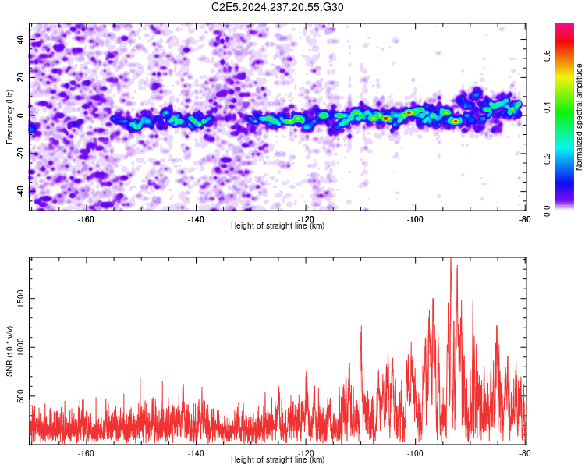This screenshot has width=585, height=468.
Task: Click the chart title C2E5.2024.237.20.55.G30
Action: click(277, 7)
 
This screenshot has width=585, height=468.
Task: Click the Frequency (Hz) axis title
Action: click(9, 117)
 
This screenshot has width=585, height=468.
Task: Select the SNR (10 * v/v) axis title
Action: click(9, 351)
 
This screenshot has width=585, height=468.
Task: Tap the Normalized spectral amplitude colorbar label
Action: click(579, 117)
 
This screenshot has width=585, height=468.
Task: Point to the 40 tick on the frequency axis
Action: click(21, 39)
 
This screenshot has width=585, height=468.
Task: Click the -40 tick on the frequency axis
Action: click(21, 190)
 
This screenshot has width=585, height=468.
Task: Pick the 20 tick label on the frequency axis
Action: click(21, 77)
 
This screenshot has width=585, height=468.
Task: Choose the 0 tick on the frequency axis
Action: click(21, 115)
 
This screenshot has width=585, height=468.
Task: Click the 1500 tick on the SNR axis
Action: click(21, 299)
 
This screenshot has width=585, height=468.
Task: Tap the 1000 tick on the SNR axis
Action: click(21, 347)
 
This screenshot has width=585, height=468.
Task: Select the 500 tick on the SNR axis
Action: click(21, 396)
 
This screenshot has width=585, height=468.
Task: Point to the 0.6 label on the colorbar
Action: click(547, 56)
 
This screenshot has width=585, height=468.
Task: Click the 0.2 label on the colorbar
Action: click(547, 158)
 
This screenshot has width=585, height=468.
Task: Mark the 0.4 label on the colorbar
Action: click(547, 108)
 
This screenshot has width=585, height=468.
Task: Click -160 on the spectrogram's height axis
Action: click(86, 219)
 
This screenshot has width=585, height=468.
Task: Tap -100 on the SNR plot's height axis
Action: click(415, 453)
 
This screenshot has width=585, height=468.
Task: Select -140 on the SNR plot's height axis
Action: click(196, 453)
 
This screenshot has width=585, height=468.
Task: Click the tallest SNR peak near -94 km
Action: click(451, 259)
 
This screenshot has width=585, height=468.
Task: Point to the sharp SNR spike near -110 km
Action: click(361, 327)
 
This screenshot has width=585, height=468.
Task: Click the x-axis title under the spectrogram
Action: click(278, 225)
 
